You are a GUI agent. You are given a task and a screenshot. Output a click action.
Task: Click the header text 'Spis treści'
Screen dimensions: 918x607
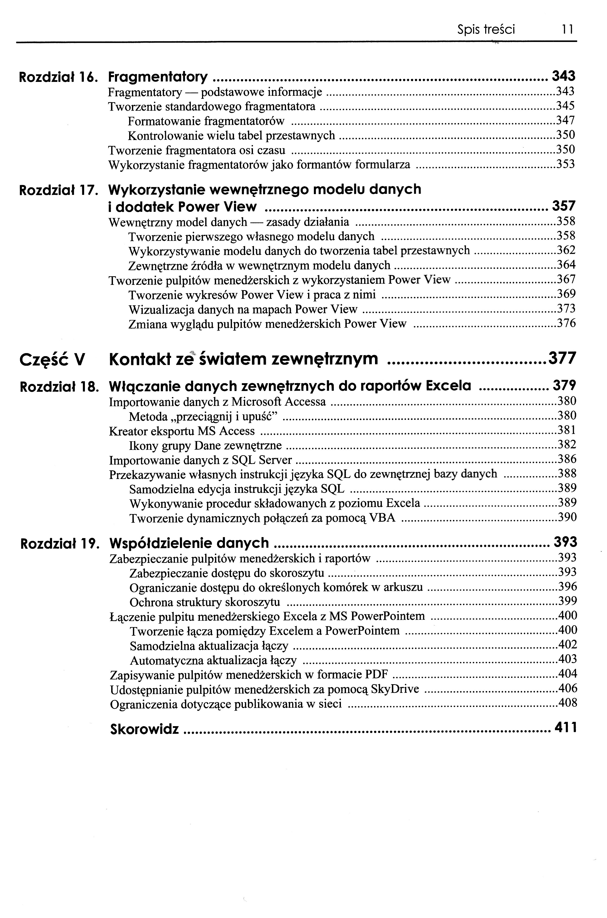[486, 29]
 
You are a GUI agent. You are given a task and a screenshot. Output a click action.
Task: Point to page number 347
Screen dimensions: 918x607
[565, 121]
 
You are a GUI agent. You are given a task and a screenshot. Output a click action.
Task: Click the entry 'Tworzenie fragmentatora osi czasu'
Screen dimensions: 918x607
[197, 150]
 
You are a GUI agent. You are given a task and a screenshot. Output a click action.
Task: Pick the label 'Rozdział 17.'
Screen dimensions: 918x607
[58, 190]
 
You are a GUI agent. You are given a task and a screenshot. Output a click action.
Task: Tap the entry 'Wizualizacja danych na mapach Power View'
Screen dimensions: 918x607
[243, 309]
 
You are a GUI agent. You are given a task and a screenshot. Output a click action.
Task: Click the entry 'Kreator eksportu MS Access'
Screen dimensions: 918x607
[182, 431]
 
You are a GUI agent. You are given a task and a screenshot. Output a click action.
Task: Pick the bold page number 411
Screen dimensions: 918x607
[566, 728]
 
